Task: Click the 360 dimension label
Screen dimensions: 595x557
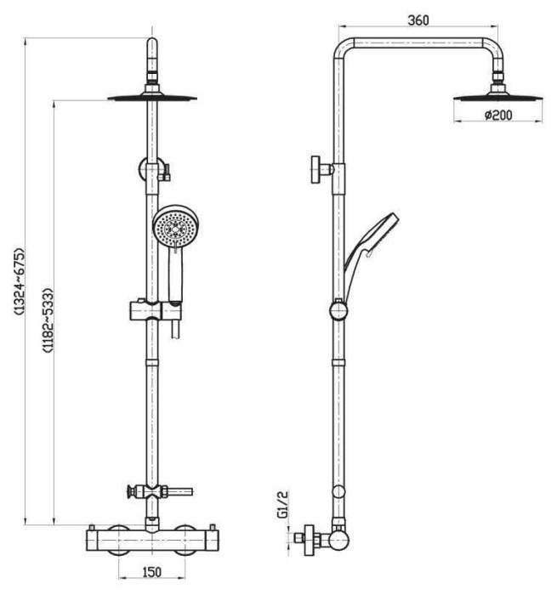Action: pyautogui.click(x=418, y=21)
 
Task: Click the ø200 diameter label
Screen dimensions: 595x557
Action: pyautogui.click(x=497, y=116)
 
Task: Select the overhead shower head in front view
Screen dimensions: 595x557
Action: pyautogui.click(x=152, y=96)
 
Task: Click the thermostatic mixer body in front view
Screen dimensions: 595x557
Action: pyautogui.click(x=151, y=538)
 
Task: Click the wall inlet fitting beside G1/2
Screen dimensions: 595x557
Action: pyautogui.click(x=311, y=538)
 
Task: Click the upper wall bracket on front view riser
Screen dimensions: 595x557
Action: pyautogui.click(x=151, y=170)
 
